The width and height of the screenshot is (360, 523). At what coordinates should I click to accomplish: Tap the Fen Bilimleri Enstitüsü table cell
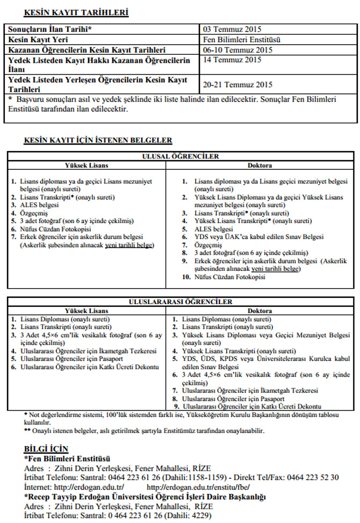[x=242, y=40]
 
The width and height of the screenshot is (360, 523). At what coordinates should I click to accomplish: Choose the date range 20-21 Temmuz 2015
[x=238, y=84]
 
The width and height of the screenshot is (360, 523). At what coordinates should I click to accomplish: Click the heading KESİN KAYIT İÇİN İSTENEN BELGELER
[x=98, y=140]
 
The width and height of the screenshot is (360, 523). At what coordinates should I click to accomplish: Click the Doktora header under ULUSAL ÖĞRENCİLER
[x=260, y=165]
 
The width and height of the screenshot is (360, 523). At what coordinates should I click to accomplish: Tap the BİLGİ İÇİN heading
[x=46, y=448]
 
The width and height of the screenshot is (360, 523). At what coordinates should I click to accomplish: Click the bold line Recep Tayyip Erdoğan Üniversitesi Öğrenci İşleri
[x=145, y=497]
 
